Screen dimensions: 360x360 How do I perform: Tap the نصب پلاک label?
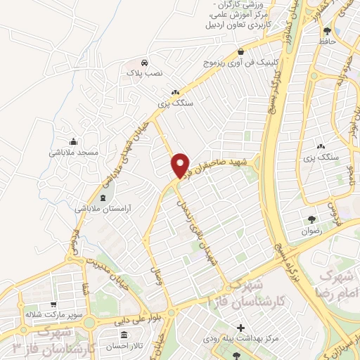point(144,72)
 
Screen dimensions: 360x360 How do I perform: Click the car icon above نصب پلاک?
point(144,61)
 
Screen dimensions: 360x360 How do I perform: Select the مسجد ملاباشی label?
point(72,152)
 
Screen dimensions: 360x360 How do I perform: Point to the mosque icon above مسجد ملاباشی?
point(73,141)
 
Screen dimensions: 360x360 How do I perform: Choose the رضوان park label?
point(330,231)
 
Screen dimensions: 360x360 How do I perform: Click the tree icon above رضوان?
point(330,219)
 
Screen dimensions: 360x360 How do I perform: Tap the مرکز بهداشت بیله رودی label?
point(241,339)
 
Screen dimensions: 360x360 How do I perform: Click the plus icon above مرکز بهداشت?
point(241,328)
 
